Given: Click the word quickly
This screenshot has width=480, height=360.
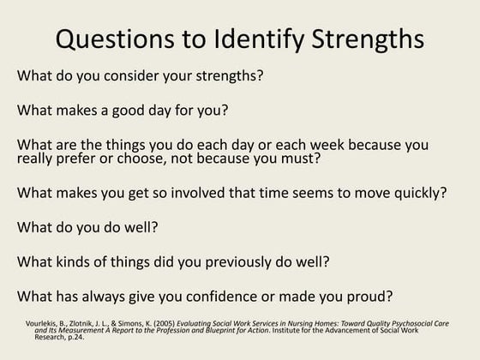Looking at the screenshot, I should coord(417,192).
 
